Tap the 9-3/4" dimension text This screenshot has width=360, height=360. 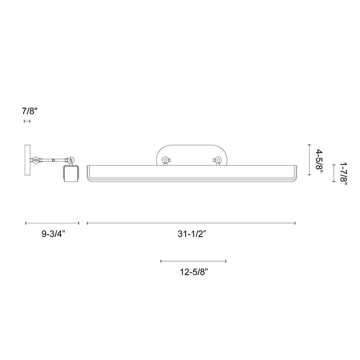pyautogui.click(x=53, y=234)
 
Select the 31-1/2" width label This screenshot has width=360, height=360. pyautogui.click(x=191, y=234)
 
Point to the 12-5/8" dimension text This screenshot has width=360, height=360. pyautogui.click(x=193, y=272)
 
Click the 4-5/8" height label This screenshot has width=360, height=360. pyautogui.click(x=319, y=160)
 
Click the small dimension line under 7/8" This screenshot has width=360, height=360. pyautogui.click(x=27, y=121)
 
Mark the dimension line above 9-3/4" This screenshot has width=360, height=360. pyautogui.click(x=52, y=223)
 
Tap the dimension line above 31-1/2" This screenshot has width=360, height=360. pyautogui.click(x=191, y=223)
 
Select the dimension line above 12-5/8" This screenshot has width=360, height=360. pyautogui.click(x=193, y=261)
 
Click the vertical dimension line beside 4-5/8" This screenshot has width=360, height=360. pyautogui.click(x=309, y=160)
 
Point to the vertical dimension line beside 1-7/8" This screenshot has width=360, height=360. pyautogui.click(x=334, y=174)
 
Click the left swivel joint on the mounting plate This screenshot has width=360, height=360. pyautogui.click(x=165, y=160)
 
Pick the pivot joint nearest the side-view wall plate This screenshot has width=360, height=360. pyautogui.click(x=36, y=160)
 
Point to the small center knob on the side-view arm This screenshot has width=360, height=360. pyautogui.click(x=53, y=160)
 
